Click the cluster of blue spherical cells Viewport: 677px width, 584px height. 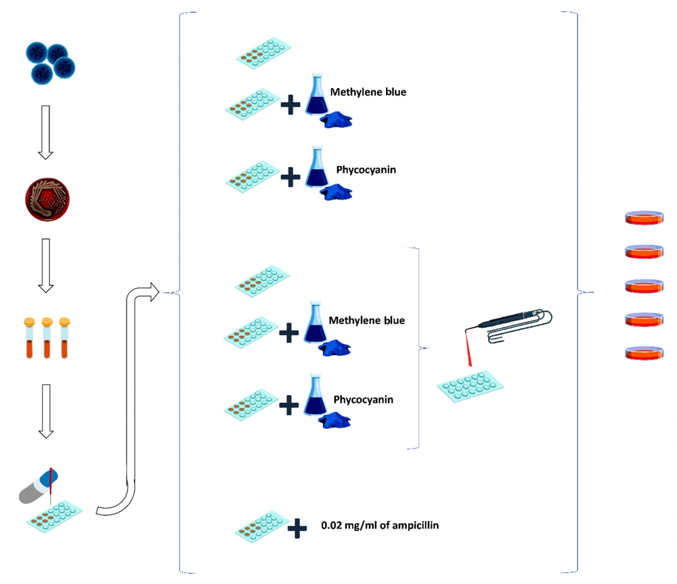(51, 63)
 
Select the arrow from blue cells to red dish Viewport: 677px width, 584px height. (45, 132)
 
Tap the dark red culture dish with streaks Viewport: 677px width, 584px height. (47, 200)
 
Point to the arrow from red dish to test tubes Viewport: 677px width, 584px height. (46, 265)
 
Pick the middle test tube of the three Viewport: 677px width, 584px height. (47, 338)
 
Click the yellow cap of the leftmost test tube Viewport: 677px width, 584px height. (29, 322)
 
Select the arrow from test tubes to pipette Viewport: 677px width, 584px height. (46, 411)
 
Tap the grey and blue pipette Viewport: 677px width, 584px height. (38, 486)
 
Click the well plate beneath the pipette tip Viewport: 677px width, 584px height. (54, 516)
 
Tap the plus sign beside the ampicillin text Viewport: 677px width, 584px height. (297, 528)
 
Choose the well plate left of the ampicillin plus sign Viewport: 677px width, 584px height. (261, 526)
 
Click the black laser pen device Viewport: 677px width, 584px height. (510, 320)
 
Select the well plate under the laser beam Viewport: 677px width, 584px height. (471, 386)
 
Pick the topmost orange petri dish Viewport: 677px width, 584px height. (645, 217)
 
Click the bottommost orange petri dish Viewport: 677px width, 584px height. (645, 353)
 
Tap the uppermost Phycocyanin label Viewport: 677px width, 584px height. (366, 170)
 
